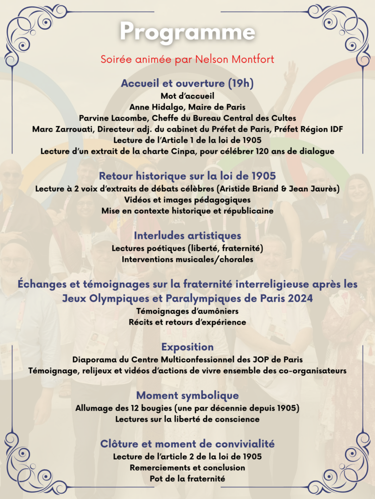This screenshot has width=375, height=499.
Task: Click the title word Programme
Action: click(187, 32)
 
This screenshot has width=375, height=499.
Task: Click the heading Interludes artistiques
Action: click(187, 236)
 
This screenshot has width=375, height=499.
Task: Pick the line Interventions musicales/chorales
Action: click(187, 259)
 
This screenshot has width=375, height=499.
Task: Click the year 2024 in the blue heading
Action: click(296, 298)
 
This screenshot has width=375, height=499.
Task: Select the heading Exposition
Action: click(187, 347)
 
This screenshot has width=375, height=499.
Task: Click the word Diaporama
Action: click(95, 360)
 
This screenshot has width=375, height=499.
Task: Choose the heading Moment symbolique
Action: click(187, 395)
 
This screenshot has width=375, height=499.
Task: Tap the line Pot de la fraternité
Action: click(187, 479)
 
